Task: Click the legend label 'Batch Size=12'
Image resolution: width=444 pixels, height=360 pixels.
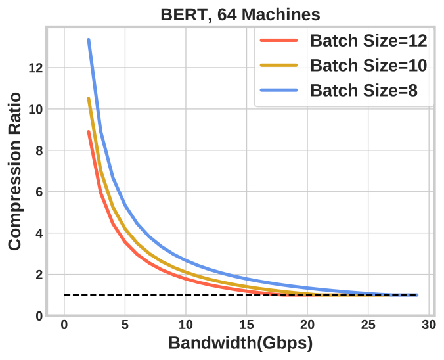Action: click(x=368, y=41)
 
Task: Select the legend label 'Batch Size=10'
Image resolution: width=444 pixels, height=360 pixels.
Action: click(x=368, y=65)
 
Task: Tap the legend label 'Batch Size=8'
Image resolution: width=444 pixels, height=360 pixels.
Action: click(x=363, y=90)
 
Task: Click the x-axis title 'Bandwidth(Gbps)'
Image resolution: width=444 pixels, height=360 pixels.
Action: click(x=240, y=343)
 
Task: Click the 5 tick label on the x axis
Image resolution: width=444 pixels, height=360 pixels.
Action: click(x=125, y=325)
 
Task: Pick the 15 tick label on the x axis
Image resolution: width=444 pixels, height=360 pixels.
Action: click(x=246, y=325)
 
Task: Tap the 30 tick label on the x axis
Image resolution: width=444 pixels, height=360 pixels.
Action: click(x=429, y=325)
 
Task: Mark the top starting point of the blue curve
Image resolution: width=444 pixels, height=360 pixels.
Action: click(x=89, y=40)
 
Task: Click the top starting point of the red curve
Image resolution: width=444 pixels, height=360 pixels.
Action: click(x=89, y=131)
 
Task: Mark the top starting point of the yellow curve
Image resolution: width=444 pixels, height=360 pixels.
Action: click(x=89, y=99)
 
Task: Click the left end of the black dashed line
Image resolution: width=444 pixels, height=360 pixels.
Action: click(x=65, y=295)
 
